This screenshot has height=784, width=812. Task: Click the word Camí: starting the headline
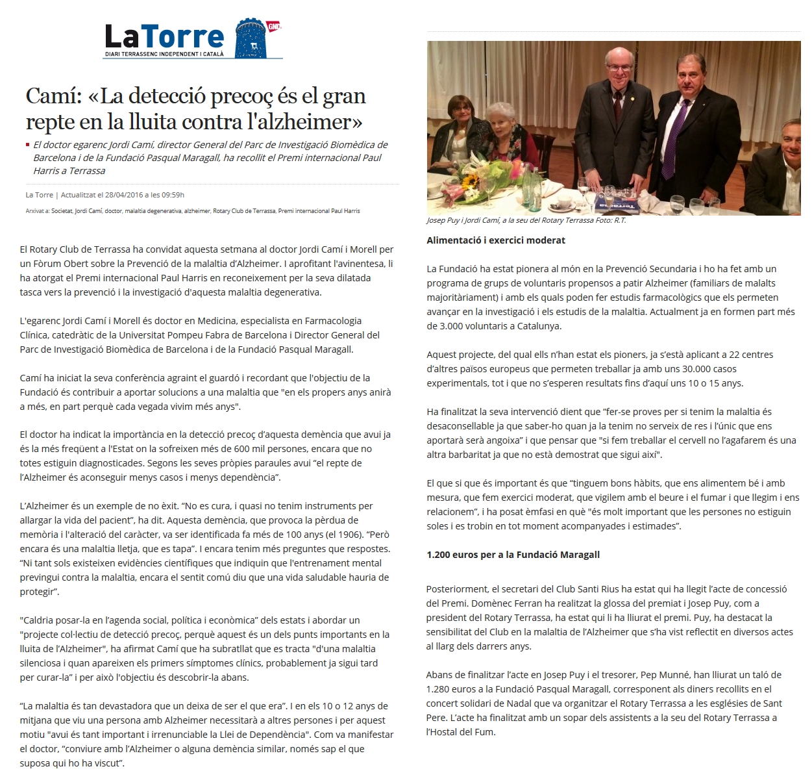53,96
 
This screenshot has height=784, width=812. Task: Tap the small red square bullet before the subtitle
27,145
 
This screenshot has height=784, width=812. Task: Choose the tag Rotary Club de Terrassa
244,211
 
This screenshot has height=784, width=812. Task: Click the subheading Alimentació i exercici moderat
496,240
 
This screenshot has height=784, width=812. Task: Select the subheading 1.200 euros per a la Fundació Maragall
513,555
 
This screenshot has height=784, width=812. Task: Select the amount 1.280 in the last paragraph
440,689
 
